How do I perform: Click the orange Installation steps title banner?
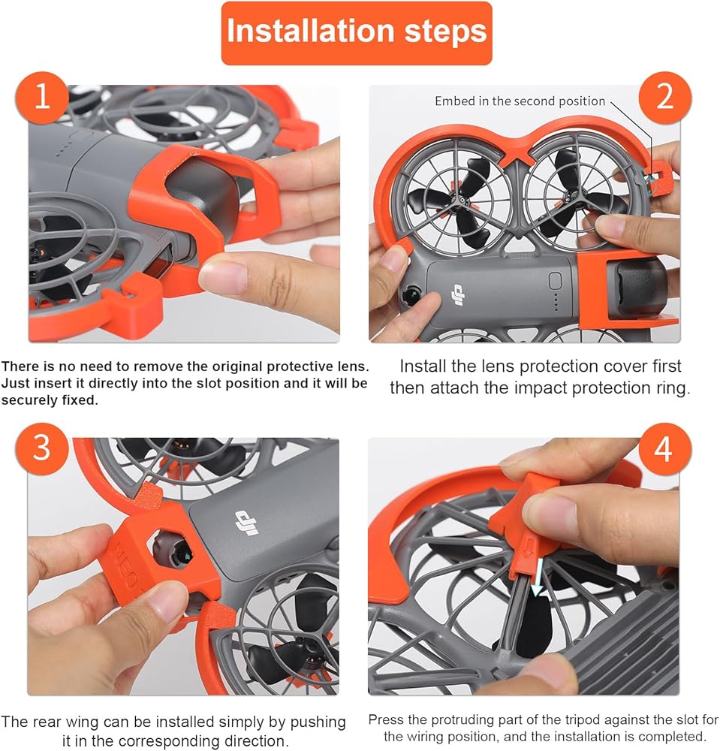357,33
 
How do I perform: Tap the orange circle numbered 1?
42,97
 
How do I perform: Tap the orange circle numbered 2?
665,97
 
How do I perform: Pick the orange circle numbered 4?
665,449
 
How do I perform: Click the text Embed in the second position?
520,101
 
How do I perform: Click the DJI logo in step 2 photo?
458,295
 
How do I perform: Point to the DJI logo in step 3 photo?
247,522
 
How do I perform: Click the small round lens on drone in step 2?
411,295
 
